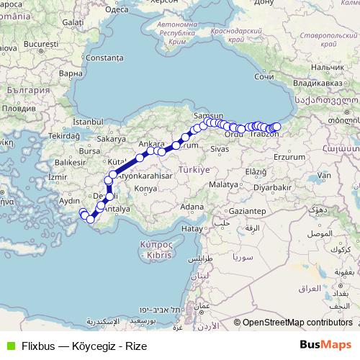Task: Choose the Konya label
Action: click(x=145, y=188)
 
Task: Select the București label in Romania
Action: click(x=35, y=45)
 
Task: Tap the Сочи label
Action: click(x=265, y=76)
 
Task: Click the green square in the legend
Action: click(x=9, y=346)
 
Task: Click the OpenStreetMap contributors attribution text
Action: click(x=297, y=323)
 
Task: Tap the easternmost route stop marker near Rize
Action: click(x=277, y=127)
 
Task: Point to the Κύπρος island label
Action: click(x=153, y=245)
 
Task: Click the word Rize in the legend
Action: click(x=136, y=346)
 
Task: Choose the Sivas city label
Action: click(x=220, y=149)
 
